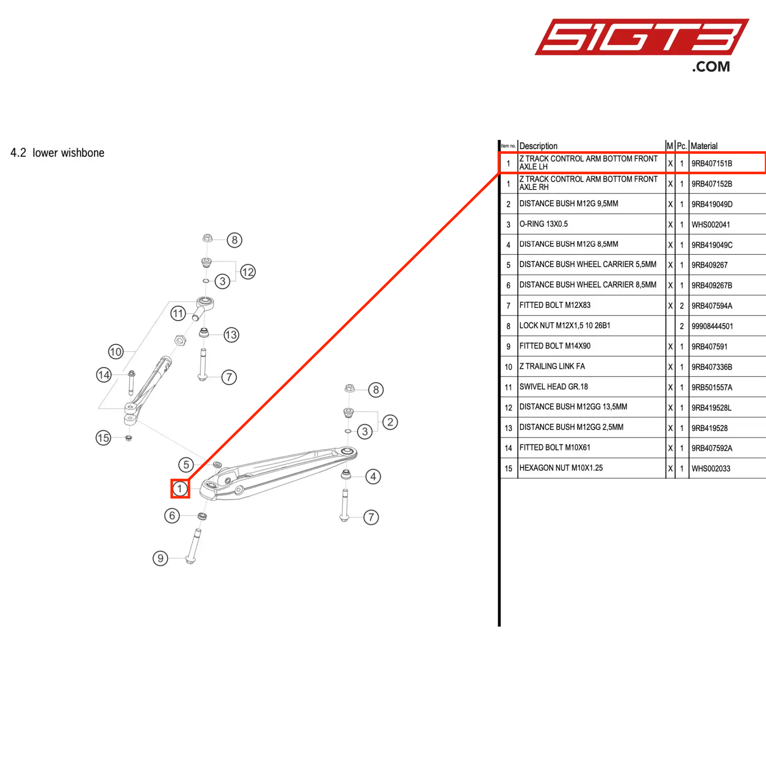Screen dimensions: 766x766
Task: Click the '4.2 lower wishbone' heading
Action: (x=57, y=153)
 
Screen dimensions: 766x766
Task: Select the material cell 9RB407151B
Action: (x=711, y=163)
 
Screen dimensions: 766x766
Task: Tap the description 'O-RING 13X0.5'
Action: (x=543, y=224)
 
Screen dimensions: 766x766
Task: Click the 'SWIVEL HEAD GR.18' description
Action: (x=554, y=387)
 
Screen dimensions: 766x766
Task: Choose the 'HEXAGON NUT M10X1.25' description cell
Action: (x=561, y=468)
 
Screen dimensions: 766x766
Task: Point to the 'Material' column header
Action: (x=704, y=146)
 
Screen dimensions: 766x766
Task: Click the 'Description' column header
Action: (x=538, y=146)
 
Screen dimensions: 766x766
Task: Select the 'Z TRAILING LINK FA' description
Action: (x=552, y=367)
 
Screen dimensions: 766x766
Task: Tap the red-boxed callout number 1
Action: (x=180, y=489)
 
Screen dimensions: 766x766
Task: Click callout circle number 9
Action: (x=160, y=558)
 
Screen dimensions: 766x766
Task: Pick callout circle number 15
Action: (x=103, y=438)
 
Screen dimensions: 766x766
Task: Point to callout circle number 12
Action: (x=248, y=272)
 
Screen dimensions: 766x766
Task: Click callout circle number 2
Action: (x=390, y=422)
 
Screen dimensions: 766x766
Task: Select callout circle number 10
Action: (x=116, y=351)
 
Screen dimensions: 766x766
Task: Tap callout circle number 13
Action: (x=231, y=335)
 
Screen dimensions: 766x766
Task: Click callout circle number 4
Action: (x=373, y=476)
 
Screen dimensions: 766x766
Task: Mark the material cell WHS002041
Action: (x=710, y=225)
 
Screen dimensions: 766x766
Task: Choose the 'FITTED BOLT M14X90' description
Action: (x=555, y=346)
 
